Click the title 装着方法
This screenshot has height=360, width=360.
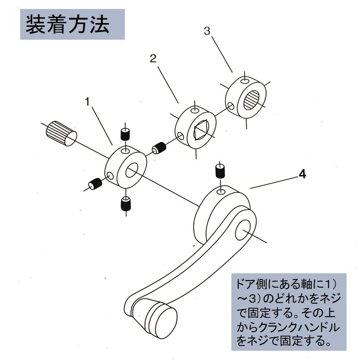point(67,25)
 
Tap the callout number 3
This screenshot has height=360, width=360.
point(207,31)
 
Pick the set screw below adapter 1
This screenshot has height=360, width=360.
point(125,205)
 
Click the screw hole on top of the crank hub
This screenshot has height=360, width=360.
point(221,192)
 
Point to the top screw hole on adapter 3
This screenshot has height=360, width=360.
point(243,81)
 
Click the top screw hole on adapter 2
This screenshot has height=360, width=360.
point(193,111)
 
